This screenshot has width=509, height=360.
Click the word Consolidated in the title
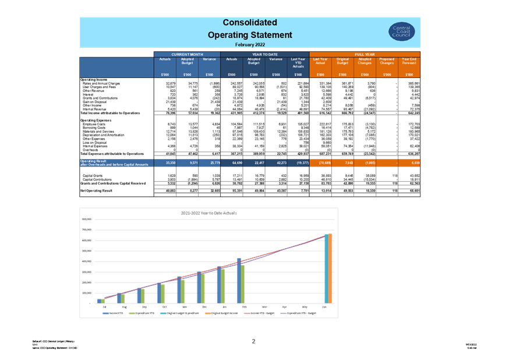tap(250, 23)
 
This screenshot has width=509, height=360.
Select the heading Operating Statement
tap(250, 35)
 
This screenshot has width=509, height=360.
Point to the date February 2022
tap(250, 44)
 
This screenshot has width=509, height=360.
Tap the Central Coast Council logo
tap(401, 31)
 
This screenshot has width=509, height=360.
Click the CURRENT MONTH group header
tap(187, 54)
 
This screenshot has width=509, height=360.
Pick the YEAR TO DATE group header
tap(264, 54)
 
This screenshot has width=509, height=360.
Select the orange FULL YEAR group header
tap(365, 54)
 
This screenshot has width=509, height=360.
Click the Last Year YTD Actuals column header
tap(298, 62)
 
